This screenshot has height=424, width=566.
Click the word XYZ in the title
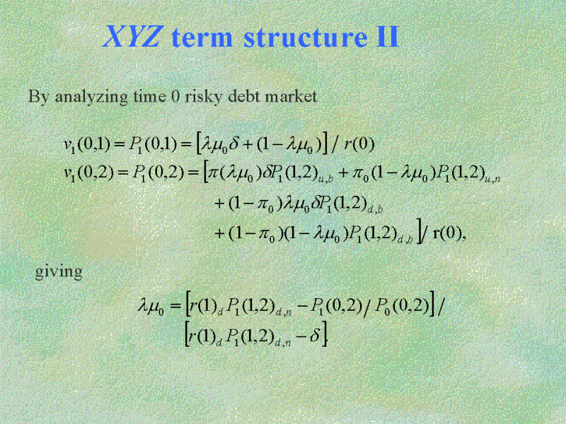132,37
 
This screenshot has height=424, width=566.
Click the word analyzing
91,98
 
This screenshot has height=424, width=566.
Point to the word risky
200,98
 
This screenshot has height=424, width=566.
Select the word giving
59,272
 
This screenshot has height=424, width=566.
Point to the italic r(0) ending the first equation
359,145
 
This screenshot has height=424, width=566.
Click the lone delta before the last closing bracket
314,336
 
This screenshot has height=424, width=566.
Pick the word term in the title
202,37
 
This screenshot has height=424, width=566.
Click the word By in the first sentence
38,98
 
